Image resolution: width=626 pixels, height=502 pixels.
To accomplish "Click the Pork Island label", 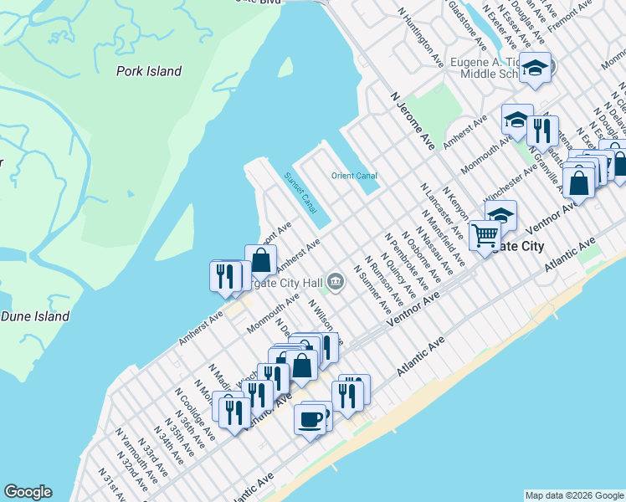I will point(149,71).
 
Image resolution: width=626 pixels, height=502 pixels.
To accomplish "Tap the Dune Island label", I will point(35,316).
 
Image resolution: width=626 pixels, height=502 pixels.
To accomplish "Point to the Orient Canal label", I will point(354,176).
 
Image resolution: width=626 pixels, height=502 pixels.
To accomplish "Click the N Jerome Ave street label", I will point(413,120).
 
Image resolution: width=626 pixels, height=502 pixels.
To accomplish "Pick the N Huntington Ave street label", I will point(421,38).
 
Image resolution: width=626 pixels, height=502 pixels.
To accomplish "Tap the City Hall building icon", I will point(336,281).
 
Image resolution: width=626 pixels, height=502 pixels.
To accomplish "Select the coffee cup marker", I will point(310,417).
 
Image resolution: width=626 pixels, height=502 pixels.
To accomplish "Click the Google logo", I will point(28,492).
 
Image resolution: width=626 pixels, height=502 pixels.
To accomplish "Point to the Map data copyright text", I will point(573,495).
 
